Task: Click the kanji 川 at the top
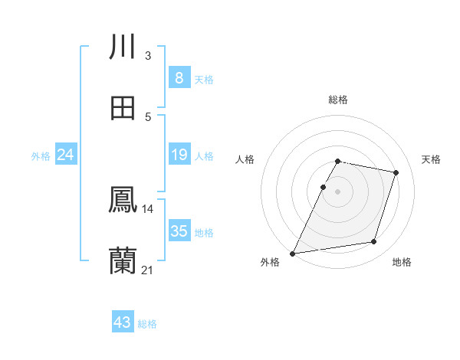[122, 47]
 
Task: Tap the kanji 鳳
[122, 200]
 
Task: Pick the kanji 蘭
[122, 261]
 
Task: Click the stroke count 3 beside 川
[147, 55]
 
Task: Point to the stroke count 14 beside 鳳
[147, 208]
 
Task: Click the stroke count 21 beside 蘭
[147, 270]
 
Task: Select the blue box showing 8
[179, 78]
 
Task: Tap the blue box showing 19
[179, 155]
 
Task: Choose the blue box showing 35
[179, 231]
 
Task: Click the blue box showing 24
[65, 155]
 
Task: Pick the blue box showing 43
[123, 322]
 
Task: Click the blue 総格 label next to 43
[147, 324]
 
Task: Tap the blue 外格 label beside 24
[41, 156]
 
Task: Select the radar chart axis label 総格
[337, 100]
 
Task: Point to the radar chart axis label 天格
[432, 159]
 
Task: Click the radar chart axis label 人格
[245, 159]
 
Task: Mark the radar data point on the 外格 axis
[293, 253]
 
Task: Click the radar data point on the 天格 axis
[396, 172]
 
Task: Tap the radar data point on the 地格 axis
[374, 242]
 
